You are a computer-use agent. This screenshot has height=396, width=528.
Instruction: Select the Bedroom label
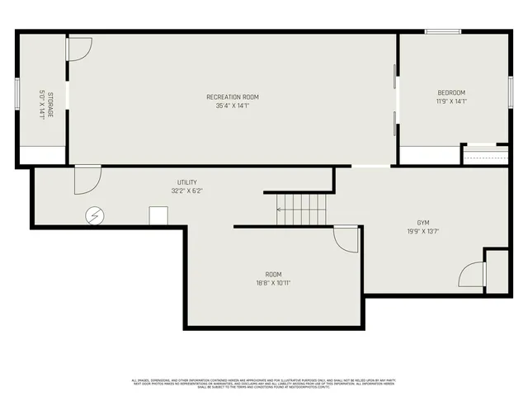[451, 92]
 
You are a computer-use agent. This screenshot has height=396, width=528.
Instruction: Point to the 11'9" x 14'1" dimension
[451, 101]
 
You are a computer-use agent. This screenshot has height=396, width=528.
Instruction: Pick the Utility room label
[186, 182]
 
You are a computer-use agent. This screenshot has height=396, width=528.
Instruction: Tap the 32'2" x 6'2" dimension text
[186, 191]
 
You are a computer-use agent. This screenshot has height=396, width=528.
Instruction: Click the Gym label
[423, 223]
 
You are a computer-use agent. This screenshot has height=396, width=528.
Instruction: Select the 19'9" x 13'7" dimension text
[423, 232]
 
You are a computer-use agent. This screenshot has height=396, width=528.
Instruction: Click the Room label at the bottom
[273, 274]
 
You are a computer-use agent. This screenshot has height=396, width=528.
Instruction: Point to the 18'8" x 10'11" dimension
[273, 283]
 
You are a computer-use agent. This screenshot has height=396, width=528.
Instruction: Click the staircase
[301, 210]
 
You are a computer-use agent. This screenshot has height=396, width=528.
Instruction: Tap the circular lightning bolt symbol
[95, 215]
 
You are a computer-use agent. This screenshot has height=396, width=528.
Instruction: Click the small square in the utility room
[158, 215]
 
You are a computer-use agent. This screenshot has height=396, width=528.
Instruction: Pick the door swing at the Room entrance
[346, 240]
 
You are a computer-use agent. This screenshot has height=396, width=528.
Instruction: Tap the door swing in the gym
[473, 275]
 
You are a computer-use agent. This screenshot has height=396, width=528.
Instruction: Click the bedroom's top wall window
[443, 32]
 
